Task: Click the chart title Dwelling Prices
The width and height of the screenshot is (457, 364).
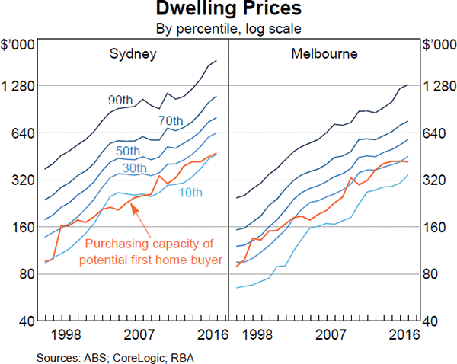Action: (x=228, y=10)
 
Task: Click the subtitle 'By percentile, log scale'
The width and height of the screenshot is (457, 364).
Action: (x=228, y=30)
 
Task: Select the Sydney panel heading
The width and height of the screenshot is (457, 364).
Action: (x=133, y=54)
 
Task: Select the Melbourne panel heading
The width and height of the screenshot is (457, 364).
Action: (x=324, y=54)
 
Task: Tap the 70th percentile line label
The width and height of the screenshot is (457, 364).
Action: (x=171, y=121)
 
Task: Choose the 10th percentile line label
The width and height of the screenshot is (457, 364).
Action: (x=190, y=193)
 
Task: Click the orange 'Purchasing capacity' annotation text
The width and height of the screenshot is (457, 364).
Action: (x=150, y=251)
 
